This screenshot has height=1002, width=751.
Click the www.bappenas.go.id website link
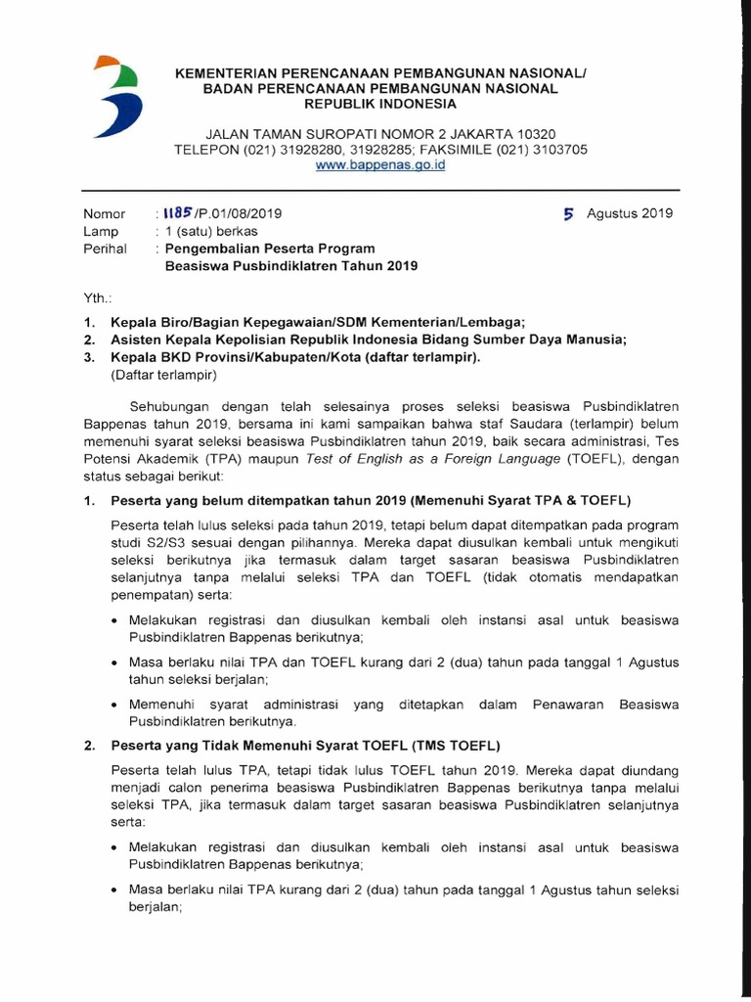380,166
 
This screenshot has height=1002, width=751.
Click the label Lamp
102,231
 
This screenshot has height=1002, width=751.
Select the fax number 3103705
557,150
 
